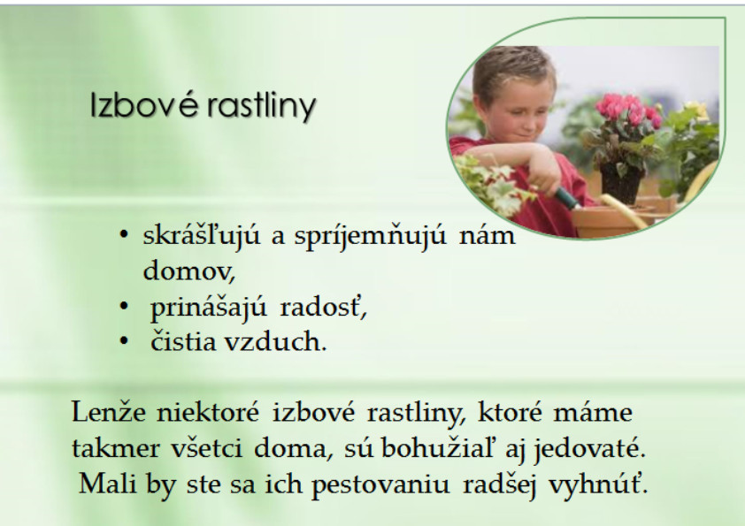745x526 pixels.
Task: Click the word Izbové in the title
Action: pyautogui.click(x=143, y=104)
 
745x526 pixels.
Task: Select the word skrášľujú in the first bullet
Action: pyautogui.click(x=202, y=236)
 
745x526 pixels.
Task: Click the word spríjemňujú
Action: pyautogui.click(x=370, y=236)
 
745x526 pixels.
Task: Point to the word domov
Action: pyautogui.click(x=189, y=271)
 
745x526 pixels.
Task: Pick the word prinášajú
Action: pyautogui.click(x=208, y=308)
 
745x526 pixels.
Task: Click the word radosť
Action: pyautogui.click(x=323, y=307)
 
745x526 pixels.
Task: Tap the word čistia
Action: pyautogui.click(x=183, y=341)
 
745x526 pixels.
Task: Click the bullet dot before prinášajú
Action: pyautogui.click(x=124, y=307)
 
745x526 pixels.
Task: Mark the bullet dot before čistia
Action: pyautogui.click(x=124, y=341)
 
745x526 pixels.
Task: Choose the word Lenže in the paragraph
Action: pyautogui.click(x=109, y=411)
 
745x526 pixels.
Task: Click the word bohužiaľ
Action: pyautogui.click(x=438, y=447)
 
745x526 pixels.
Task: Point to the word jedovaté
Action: pyautogui.click(x=589, y=448)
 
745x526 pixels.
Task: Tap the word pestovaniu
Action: pyautogui.click(x=380, y=485)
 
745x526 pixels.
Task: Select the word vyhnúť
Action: pyautogui.click(x=598, y=485)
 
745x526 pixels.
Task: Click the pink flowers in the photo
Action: pyautogui.click(x=626, y=111)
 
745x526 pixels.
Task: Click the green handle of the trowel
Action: pyautogui.click(x=567, y=198)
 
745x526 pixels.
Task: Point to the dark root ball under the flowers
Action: pyautogui.click(x=621, y=182)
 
